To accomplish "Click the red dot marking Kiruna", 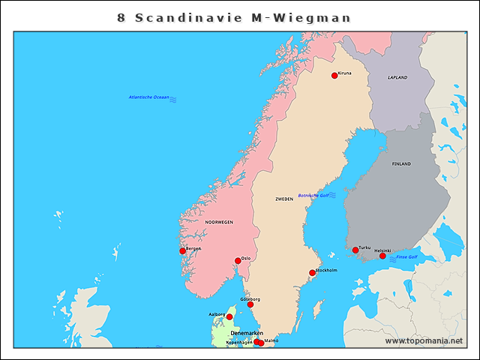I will point(334,75).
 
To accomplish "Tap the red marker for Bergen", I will point(182,250).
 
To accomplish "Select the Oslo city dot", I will point(238,261).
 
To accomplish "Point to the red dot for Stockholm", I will point(313,273).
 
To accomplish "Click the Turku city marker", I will point(355,250).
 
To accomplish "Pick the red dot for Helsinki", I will point(382,256).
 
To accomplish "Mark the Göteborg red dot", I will point(250,304).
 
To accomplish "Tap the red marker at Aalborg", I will point(229,316).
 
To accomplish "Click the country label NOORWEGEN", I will point(219,222).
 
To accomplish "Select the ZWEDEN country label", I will point(284,199).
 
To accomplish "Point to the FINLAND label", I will point(401,163).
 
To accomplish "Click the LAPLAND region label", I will point(397,77).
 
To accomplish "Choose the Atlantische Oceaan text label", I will point(148,97).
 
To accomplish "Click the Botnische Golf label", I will point(313,195).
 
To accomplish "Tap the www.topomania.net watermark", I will point(424,340).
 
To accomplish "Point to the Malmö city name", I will point(271,340).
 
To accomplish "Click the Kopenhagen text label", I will point(239,342).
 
